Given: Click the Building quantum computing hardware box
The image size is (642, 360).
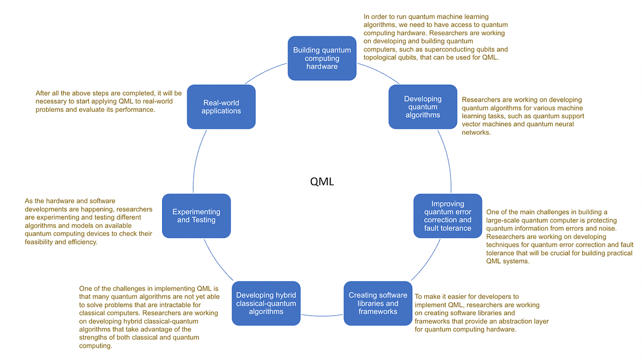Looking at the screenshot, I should [x=322, y=58].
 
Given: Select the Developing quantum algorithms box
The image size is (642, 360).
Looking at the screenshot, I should [x=423, y=106].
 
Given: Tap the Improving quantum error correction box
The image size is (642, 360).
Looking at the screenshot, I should [x=448, y=216].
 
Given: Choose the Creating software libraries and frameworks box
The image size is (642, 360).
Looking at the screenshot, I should [x=378, y=303].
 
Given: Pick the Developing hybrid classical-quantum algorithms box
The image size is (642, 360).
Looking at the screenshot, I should [x=266, y=303].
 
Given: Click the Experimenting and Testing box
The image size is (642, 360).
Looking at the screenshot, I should [x=196, y=216].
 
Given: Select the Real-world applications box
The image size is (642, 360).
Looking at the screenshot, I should [x=221, y=106].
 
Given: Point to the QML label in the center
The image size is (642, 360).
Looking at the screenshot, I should [x=322, y=181].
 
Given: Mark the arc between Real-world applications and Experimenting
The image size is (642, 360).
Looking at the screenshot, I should [x=196, y=160].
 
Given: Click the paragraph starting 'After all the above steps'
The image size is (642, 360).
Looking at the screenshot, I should [x=109, y=101].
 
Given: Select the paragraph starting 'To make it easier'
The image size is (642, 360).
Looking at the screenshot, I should [x=481, y=313].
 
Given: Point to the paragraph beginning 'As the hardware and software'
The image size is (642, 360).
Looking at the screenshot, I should [x=88, y=221].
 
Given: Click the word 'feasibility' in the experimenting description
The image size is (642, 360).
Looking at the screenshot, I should [x=41, y=242].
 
